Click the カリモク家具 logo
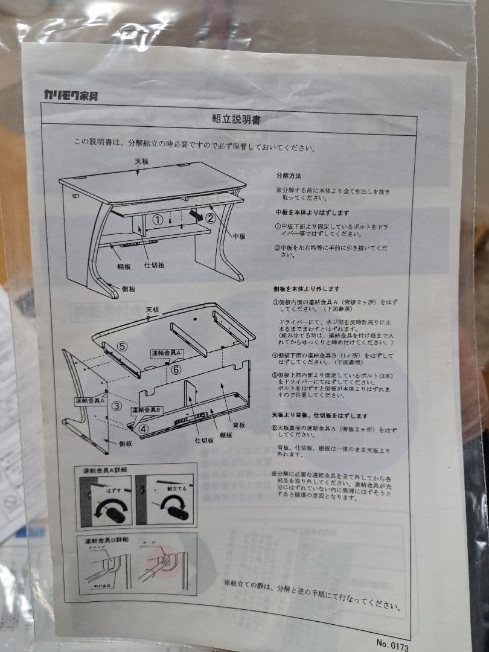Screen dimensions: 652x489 pos(71,94)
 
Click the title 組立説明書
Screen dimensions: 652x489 pos(236,120)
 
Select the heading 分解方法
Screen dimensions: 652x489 pos(289,176)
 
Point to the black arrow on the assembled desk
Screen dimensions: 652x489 pos(195,214)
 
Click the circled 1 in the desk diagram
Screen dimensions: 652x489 pos(156,220)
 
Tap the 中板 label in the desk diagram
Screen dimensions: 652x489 pos(239,237)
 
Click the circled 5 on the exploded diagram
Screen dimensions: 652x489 pos(123,346)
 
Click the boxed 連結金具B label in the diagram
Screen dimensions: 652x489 pos(147,410)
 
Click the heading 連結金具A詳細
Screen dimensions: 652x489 pos(100,470)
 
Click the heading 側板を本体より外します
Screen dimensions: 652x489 pos(306,289)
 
